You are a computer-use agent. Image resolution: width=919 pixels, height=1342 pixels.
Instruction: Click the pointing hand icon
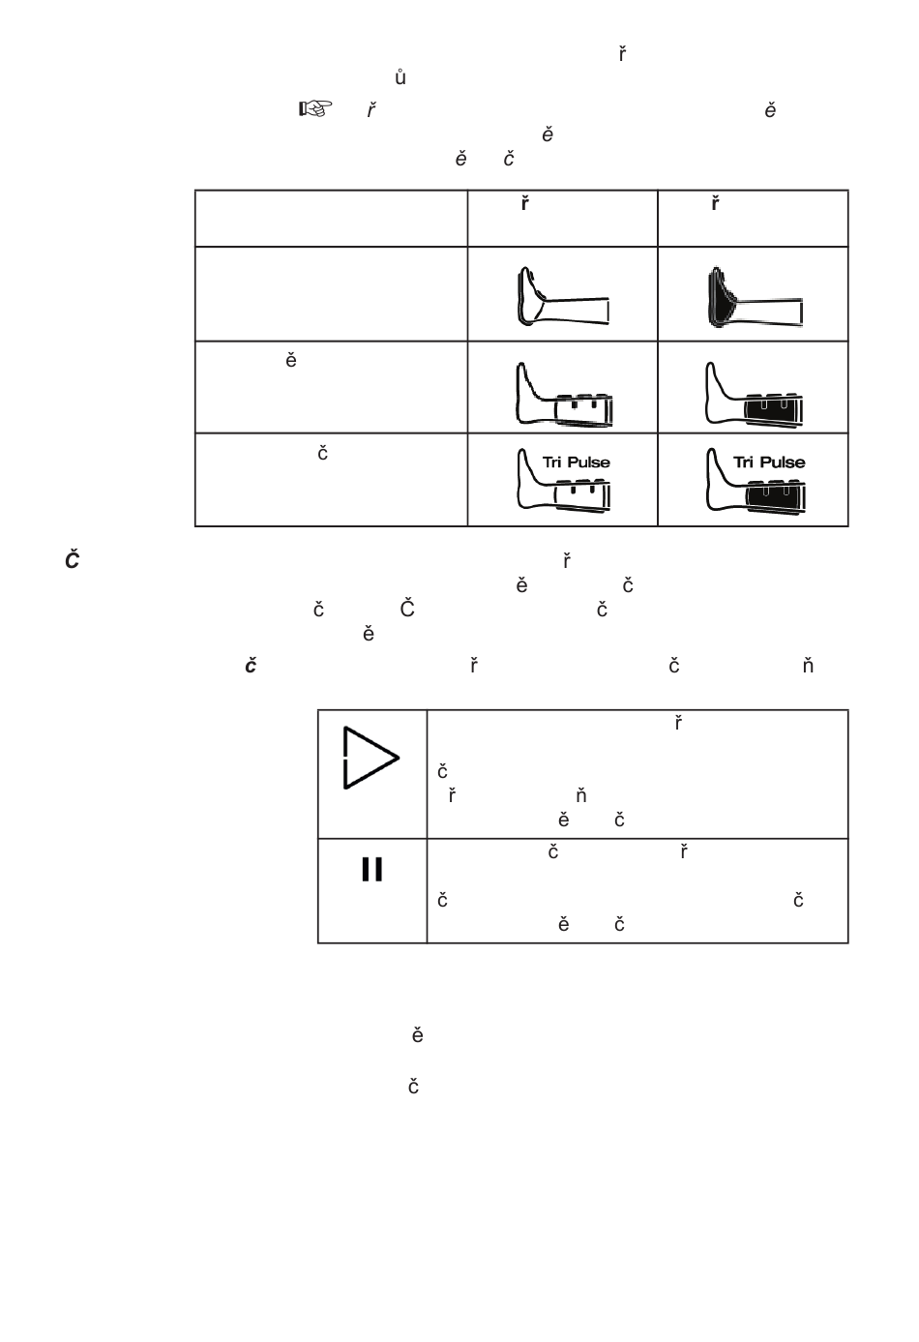coord(311,109)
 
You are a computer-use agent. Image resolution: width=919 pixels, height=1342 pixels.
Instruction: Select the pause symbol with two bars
coord(371,870)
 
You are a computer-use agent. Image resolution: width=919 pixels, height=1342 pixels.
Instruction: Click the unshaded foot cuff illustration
coord(561,296)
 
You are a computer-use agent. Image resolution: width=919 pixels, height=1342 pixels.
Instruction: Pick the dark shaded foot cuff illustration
coord(752,296)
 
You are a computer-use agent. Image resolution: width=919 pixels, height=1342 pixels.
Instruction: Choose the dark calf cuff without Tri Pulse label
coord(756,395)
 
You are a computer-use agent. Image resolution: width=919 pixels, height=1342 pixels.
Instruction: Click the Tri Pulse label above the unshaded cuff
coord(576,462)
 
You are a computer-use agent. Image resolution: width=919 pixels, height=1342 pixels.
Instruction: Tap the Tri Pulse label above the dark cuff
coord(768,462)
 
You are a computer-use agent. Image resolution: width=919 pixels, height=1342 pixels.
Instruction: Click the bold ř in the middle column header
coord(524,204)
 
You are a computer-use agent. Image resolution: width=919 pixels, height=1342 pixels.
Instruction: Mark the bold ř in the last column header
coord(715,204)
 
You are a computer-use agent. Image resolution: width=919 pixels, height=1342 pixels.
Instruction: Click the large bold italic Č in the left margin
coord(72,560)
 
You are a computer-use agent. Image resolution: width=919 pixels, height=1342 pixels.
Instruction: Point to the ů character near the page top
coord(400,77)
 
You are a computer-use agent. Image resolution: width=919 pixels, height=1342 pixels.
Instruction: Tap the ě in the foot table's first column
coord(290,361)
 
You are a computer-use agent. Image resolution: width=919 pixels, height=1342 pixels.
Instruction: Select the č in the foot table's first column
coord(323,453)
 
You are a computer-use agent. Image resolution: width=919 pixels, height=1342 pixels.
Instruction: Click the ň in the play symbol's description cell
coord(581,795)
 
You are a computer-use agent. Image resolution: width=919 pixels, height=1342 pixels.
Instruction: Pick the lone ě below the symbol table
coord(417,1035)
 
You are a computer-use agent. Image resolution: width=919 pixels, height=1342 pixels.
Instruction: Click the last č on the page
coord(413,1087)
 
